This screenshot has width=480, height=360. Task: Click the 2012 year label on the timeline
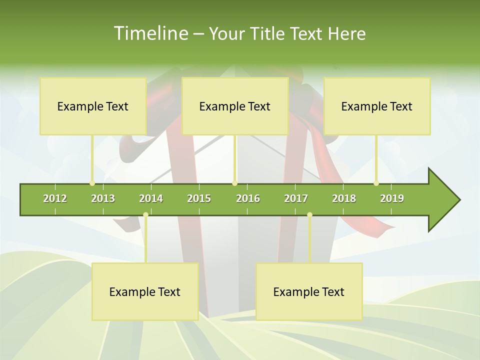[x=55, y=198]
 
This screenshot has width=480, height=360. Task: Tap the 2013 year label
[x=103, y=198]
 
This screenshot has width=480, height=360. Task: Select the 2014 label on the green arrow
[x=151, y=198]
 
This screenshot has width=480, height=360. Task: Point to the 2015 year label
[x=199, y=198]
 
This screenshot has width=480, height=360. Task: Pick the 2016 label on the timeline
[x=248, y=198]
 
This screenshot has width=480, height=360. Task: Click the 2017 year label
[x=296, y=198]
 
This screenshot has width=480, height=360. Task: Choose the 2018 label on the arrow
[x=344, y=198]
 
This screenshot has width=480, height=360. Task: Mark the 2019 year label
[x=392, y=198]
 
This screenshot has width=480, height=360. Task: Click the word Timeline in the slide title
[x=149, y=33]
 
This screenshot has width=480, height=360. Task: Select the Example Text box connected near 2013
[x=93, y=106]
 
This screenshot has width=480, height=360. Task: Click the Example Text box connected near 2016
[x=235, y=106]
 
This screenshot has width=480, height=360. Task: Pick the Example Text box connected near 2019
[x=377, y=106]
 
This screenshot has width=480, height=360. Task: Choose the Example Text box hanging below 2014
[x=145, y=291]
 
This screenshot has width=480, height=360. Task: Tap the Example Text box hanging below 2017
[x=309, y=291]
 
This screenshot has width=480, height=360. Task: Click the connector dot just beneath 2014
[x=145, y=215]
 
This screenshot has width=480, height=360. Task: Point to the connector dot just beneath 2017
[x=309, y=215]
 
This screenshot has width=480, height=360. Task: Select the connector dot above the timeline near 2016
[x=235, y=183]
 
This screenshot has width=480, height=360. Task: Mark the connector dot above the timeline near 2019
[x=376, y=183]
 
